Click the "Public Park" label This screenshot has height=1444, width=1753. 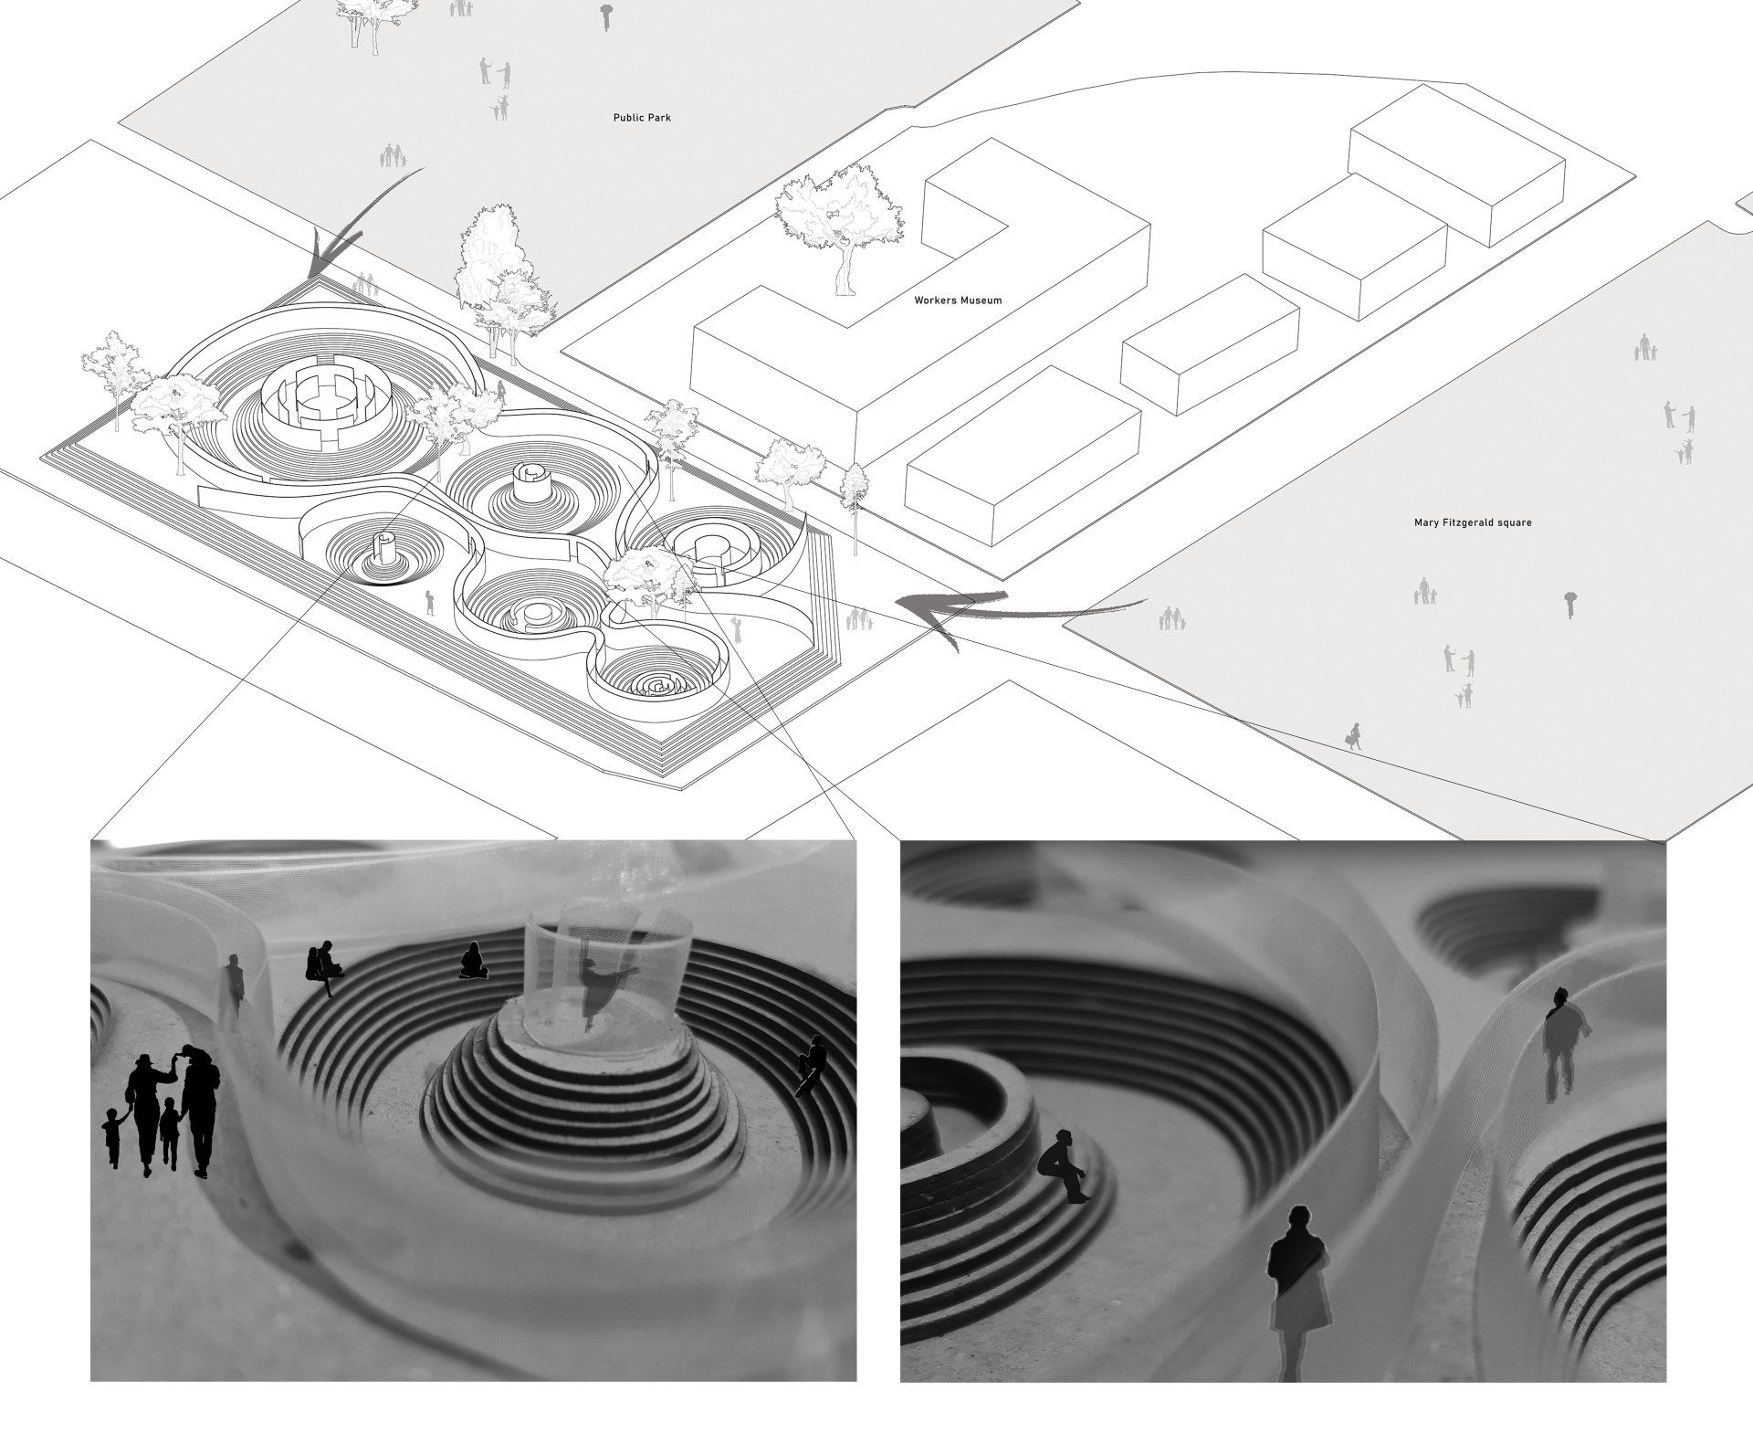(642, 118)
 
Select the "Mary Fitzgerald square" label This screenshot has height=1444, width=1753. (1471, 523)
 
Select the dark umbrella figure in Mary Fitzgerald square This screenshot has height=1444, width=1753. (1569, 604)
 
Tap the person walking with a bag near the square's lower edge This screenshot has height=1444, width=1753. (1352, 735)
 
